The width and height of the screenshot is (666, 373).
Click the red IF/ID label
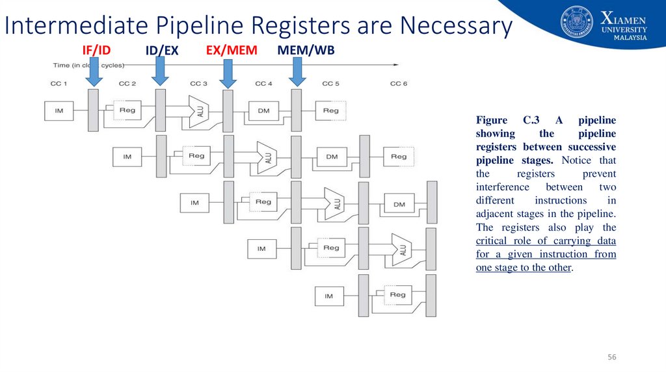(96, 51)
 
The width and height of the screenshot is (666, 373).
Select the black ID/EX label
(162, 51)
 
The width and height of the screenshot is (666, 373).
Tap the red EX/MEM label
(232, 51)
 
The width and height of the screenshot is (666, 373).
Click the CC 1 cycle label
(59, 84)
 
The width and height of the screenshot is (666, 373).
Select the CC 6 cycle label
(399, 84)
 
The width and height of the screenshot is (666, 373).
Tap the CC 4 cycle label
(263, 84)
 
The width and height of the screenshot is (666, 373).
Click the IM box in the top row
(59, 110)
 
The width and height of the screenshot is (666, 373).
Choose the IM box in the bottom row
(328, 296)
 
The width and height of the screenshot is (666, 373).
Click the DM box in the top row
(263, 110)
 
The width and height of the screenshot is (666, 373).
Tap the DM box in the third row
(399, 204)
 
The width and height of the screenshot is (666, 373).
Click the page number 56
(611, 358)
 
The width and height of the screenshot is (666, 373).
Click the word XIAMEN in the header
(624, 18)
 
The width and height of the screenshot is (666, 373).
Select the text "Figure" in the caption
(491, 120)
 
